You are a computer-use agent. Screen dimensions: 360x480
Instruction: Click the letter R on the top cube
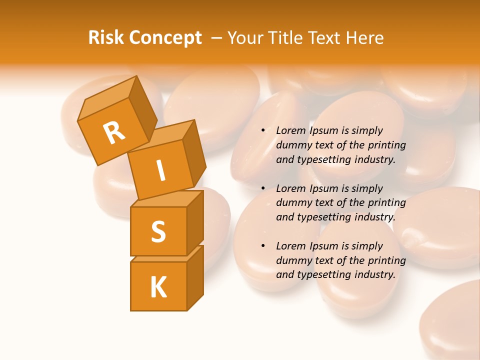pos(114,132)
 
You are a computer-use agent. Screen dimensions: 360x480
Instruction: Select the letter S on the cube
pos(158,231)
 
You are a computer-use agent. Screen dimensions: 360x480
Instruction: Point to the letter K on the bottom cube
pos(158,287)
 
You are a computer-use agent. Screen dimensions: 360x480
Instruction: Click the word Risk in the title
pos(106,38)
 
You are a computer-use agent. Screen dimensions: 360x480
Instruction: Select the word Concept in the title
pos(165,38)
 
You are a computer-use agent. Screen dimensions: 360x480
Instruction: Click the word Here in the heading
pos(363,38)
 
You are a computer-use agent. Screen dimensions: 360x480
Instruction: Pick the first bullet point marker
pos(263,130)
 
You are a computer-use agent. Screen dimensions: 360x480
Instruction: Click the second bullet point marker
pos(263,188)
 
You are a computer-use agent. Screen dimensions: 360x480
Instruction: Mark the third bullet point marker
pos(263,246)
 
